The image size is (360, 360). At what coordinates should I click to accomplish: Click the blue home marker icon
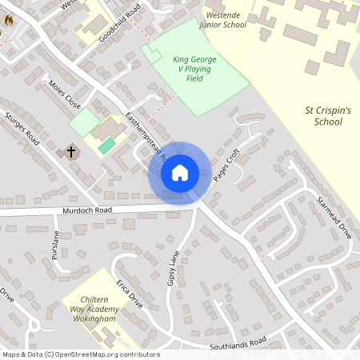coord(180,173)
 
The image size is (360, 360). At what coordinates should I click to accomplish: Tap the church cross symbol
coord(70,150)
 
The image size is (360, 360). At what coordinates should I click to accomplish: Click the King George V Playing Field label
coord(194,70)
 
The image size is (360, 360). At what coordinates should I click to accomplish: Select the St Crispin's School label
coord(324,115)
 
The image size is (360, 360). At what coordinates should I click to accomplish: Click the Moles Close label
coord(65,94)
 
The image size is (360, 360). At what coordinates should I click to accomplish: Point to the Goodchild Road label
coord(119,23)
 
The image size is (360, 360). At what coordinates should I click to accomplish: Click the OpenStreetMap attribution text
coord(81,354)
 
